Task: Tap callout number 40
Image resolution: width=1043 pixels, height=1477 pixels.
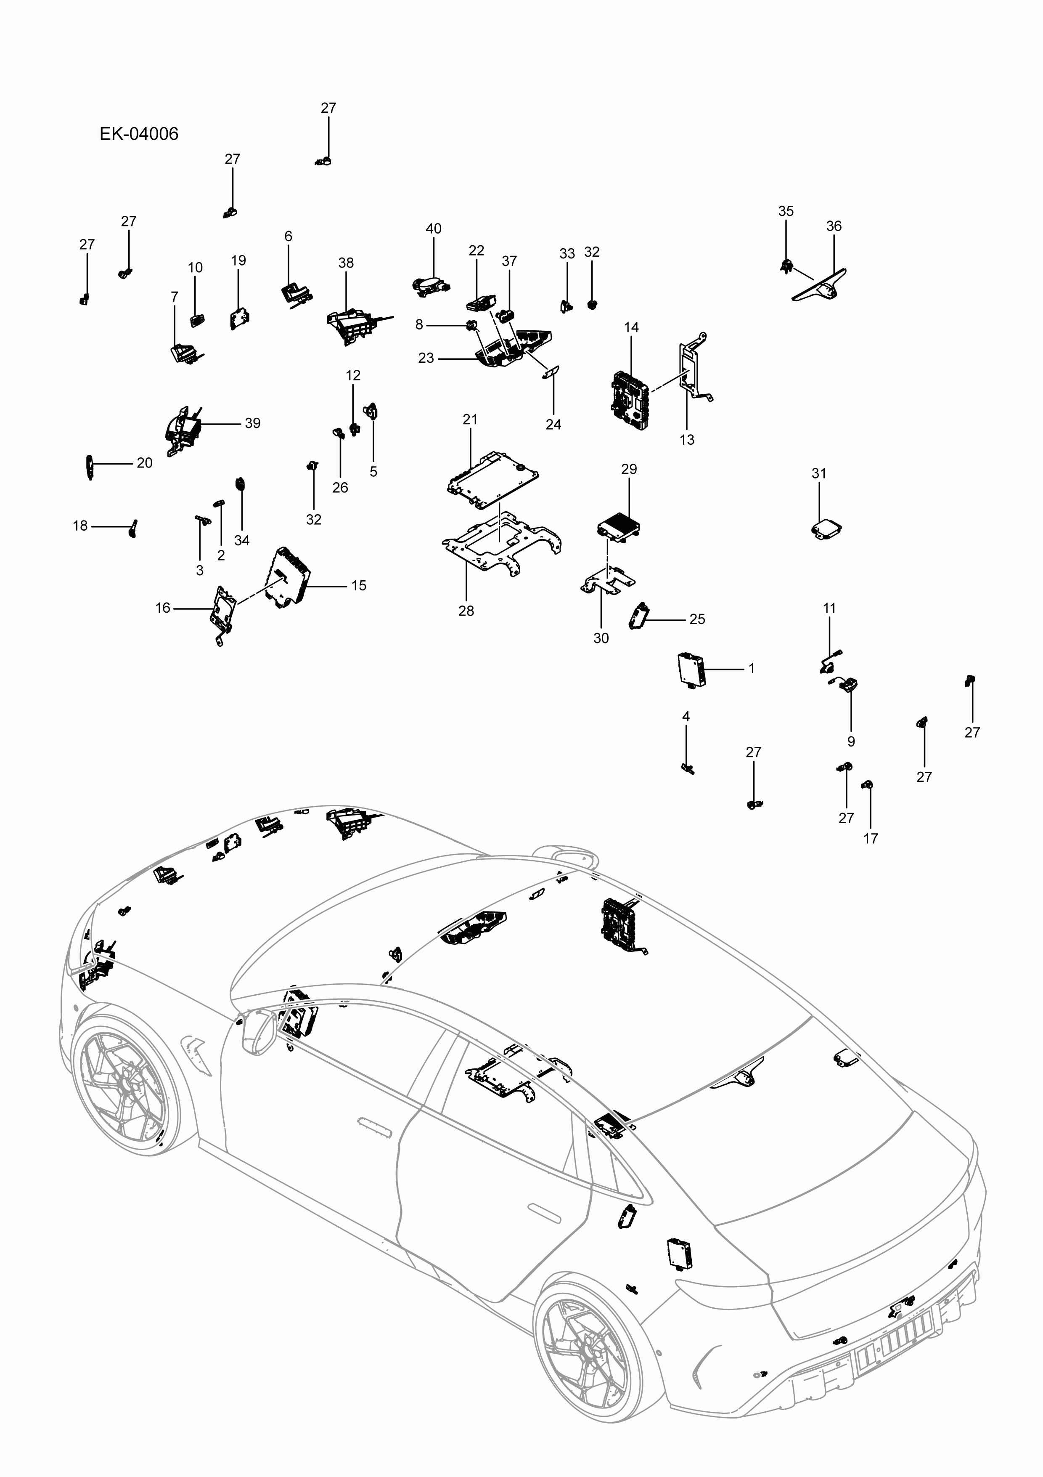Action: tap(434, 228)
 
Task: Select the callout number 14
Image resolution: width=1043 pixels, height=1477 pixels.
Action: tap(631, 327)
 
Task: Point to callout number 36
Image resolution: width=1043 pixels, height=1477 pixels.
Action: tap(834, 226)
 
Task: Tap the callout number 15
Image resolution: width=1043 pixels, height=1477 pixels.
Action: tap(359, 585)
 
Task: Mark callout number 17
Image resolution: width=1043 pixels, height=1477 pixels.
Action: tap(870, 838)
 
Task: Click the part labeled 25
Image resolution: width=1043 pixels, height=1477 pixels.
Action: tap(638, 615)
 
